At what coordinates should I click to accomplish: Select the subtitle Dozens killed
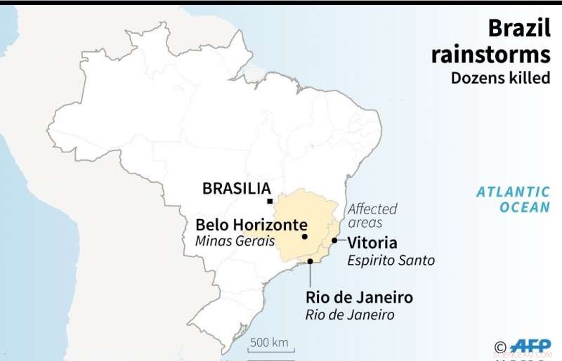tap(500, 77)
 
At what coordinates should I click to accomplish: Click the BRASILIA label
tap(236, 188)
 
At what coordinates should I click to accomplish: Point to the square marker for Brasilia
tap(270, 201)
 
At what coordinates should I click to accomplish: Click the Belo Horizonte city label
tap(251, 225)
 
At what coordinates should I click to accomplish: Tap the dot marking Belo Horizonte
tap(305, 237)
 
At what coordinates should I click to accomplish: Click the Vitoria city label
tap(372, 243)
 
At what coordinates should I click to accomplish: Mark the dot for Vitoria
tap(334, 240)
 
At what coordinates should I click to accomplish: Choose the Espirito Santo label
tap(391, 261)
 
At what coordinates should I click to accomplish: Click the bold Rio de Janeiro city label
tap(359, 297)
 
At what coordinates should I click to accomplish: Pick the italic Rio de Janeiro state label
tap(350, 315)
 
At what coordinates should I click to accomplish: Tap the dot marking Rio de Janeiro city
tap(310, 261)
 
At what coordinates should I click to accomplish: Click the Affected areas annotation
tap(372, 215)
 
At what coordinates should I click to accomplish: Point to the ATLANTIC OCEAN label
tap(513, 199)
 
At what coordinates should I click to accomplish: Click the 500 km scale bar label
tap(270, 342)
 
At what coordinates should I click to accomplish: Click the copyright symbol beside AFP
tap(500, 346)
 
